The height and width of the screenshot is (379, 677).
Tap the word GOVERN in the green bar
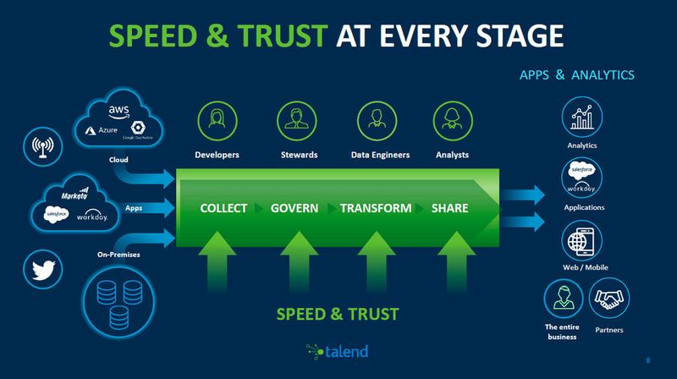294,208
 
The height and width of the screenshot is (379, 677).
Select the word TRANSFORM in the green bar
376,208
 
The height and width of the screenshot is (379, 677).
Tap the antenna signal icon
40,146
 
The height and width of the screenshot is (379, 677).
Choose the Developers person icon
217,120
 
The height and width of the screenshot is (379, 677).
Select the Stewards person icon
298,120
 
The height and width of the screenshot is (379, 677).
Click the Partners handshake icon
609,298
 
